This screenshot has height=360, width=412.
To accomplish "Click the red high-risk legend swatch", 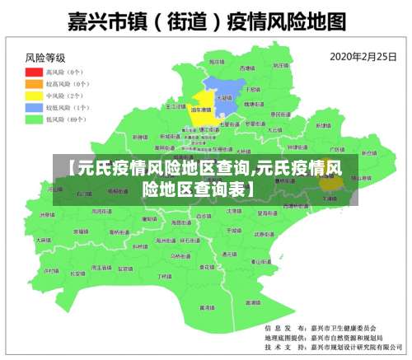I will point(35,72).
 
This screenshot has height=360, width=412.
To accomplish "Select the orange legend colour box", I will point(35,83).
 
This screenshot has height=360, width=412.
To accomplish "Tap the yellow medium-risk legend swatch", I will point(35,96).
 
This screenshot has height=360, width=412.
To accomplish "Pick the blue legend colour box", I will point(35,107).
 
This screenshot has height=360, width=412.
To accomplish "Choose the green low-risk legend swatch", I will point(35,119).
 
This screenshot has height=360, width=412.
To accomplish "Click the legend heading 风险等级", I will point(45,58).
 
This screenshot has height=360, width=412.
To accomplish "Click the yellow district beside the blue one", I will point(202,113).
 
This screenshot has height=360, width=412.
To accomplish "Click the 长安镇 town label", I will point(77,273).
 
